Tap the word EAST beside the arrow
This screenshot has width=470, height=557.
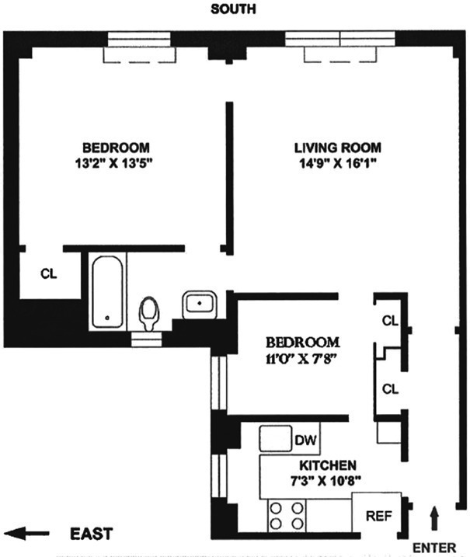[91, 534]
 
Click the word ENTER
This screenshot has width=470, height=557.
[433, 548]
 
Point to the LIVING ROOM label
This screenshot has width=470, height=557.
[337, 148]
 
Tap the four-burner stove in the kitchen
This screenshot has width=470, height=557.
[286, 514]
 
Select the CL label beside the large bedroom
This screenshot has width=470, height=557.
[48, 273]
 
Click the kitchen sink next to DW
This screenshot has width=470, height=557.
[274, 440]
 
